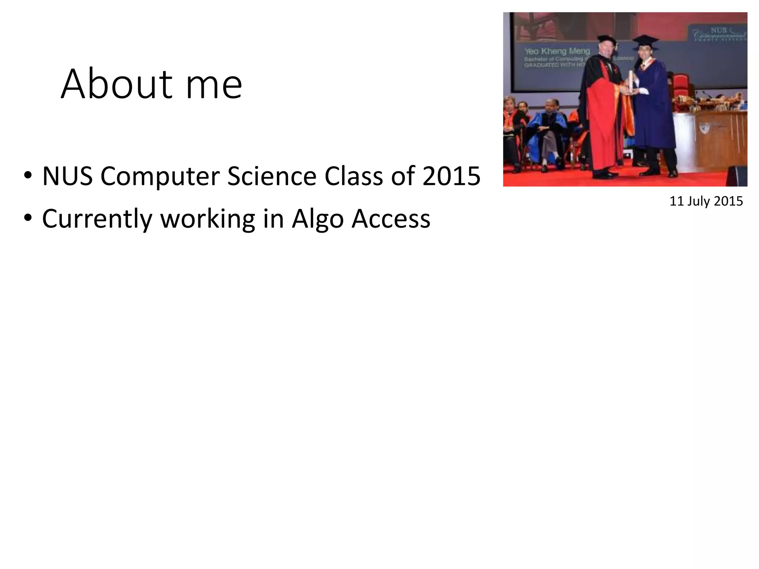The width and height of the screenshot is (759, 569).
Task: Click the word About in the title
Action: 116,84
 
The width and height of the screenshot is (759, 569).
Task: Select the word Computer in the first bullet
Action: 160,177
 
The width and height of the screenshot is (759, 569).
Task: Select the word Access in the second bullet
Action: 391,219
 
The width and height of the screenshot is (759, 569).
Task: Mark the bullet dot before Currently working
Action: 27,219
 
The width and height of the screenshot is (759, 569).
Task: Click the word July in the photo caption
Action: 699,201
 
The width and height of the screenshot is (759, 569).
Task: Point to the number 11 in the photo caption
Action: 676,201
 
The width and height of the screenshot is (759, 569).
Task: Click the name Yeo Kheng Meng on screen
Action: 557,51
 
